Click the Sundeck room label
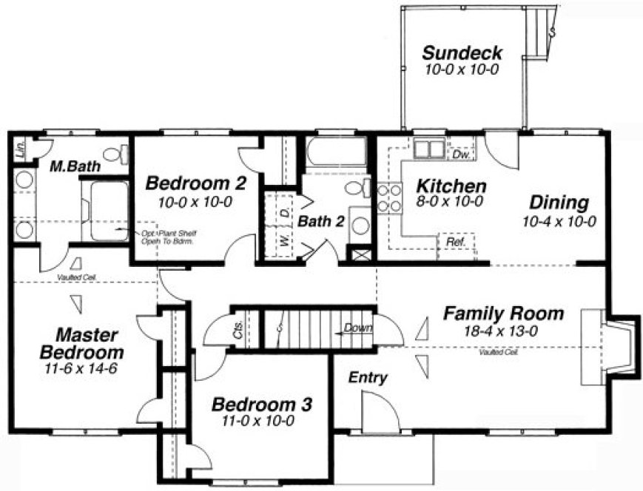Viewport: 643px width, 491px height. [462, 53]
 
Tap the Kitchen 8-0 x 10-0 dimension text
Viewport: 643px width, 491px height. [449, 201]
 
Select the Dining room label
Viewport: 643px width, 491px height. [559, 203]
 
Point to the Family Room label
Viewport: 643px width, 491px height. [503, 314]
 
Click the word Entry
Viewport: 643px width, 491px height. [368, 378]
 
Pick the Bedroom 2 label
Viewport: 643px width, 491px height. [195, 183]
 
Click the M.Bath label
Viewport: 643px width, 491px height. [75, 167]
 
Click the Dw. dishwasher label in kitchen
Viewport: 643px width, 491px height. [461, 155]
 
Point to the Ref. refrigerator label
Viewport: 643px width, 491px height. [453, 242]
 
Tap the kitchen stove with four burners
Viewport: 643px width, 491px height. [389, 199]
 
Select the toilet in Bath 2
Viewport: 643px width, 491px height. [357, 188]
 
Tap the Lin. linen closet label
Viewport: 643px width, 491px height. [20, 148]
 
